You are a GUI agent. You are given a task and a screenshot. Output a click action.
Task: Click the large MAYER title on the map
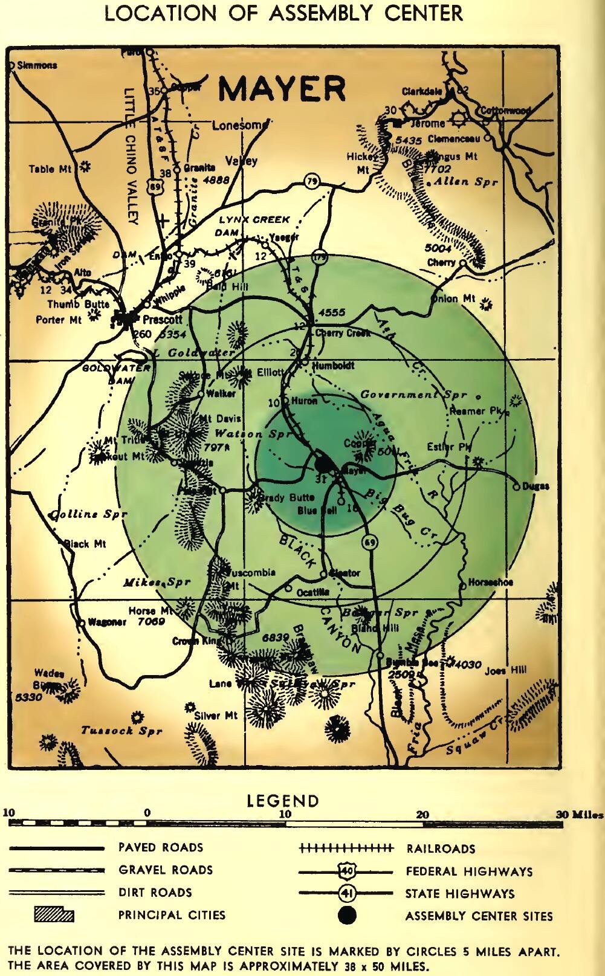click(x=282, y=89)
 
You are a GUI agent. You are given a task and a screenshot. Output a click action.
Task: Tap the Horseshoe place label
click(x=491, y=583)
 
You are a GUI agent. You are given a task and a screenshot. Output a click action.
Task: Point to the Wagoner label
click(x=106, y=622)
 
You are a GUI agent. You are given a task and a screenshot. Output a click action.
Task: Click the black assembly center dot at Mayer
click(x=324, y=464)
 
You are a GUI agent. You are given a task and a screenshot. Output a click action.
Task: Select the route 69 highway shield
click(x=370, y=543)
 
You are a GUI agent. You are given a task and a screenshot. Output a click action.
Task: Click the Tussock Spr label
click(x=121, y=731)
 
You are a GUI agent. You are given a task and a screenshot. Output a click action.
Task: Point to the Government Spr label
click(x=413, y=395)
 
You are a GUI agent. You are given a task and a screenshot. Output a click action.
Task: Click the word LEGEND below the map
click(x=282, y=801)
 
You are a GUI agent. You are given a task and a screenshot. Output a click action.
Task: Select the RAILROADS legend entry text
click(x=441, y=849)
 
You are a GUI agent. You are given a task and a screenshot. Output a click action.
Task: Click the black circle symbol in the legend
click(x=347, y=915)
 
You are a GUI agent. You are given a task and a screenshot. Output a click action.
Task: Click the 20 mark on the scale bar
click(x=422, y=815)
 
